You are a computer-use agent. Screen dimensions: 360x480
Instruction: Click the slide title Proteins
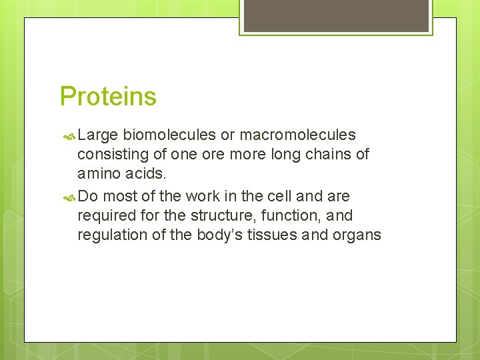(108, 96)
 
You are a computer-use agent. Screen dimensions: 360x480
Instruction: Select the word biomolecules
(169, 135)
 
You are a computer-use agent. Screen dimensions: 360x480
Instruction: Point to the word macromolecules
(297, 135)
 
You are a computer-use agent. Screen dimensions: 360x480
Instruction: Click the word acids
(148, 173)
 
